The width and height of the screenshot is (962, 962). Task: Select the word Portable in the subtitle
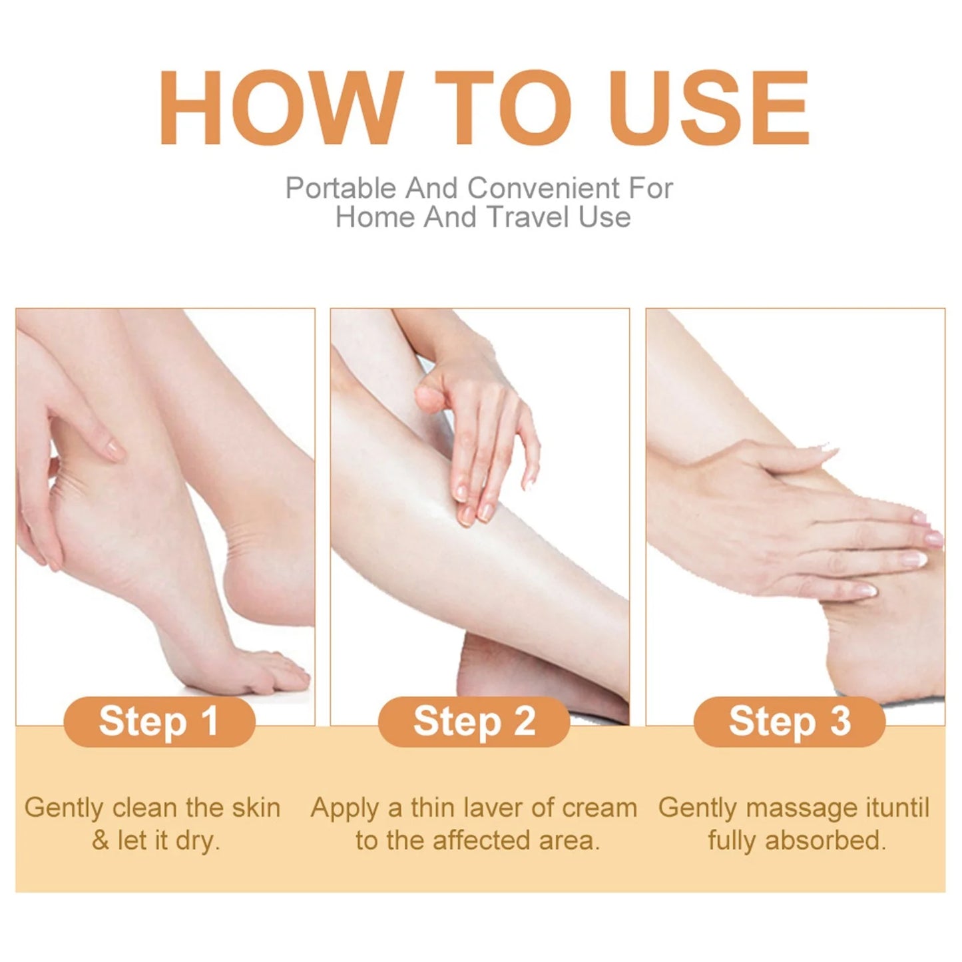(340, 188)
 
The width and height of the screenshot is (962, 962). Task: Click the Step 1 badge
(159, 722)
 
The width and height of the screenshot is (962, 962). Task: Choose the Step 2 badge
(474, 722)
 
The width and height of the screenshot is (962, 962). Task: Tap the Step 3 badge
(790, 722)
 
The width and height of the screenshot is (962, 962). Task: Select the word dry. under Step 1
(198, 841)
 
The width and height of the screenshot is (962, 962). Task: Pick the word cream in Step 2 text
(599, 808)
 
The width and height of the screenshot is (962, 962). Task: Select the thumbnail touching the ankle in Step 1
(115, 451)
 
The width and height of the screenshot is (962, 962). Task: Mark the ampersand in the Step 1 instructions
(100, 841)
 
